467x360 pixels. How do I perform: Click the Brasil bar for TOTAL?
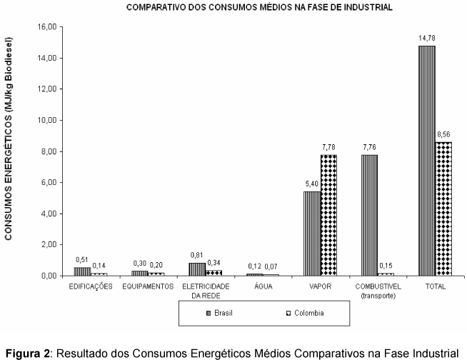click(x=427, y=160)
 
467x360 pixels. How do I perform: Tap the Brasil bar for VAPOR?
click(x=312, y=233)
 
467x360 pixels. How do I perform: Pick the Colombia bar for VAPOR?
click(x=328, y=214)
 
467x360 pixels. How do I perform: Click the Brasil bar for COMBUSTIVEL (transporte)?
click(x=370, y=214)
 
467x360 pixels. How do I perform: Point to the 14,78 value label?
click(x=427, y=38)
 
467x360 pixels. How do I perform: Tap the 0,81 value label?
click(x=197, y=255)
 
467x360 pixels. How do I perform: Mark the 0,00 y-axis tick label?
click(x=48, y=276)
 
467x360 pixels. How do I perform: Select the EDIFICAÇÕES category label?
click(x=91, y=286)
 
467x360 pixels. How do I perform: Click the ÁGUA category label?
click(x=263, y=286)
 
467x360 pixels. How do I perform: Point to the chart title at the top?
click(x=259, y=8)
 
